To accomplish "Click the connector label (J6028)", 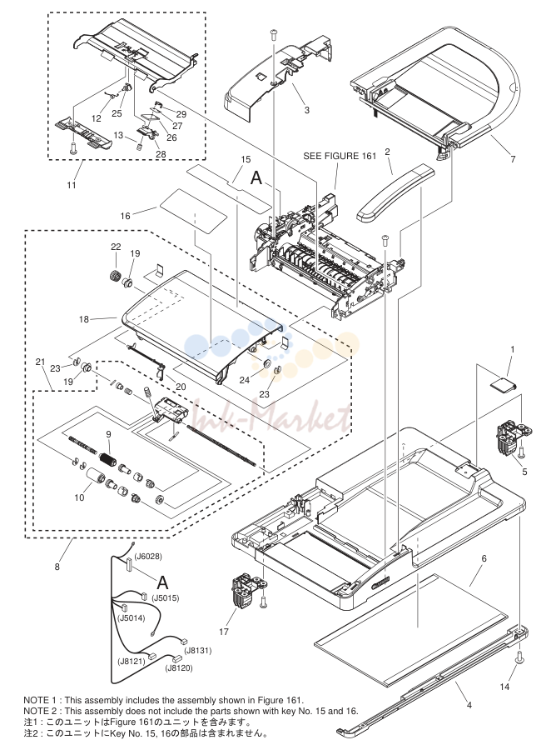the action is tap(147, 557).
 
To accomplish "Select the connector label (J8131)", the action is tap(198, 651).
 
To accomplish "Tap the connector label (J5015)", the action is tap(166, 597).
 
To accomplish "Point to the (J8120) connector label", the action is tap(179, 668).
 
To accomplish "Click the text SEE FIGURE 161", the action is tap(340, 156).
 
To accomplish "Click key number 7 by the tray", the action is tap(513, 159).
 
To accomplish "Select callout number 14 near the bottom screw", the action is tap(504, 687).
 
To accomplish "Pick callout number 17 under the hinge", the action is tap(224, 632).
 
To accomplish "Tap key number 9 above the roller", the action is tap(108, 434).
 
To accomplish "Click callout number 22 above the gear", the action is tap(116, 247).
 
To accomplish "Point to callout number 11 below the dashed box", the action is tap(72, 185).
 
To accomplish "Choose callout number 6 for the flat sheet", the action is tap(484, 558).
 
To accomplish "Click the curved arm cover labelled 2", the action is tap(396, 193).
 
